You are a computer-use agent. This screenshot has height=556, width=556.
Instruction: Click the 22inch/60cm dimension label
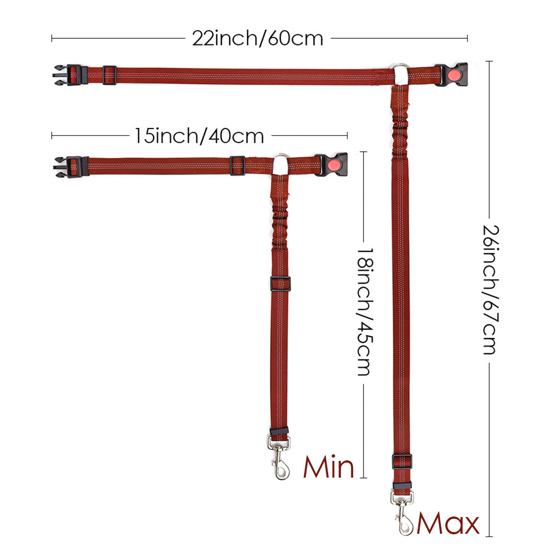[257, 38]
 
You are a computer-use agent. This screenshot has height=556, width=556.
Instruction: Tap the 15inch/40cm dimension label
[199, 136]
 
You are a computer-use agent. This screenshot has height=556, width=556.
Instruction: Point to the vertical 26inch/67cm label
[491, 290]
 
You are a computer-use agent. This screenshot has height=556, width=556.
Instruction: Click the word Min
[329, 467]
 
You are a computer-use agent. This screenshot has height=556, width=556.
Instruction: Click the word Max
[448, 523]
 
